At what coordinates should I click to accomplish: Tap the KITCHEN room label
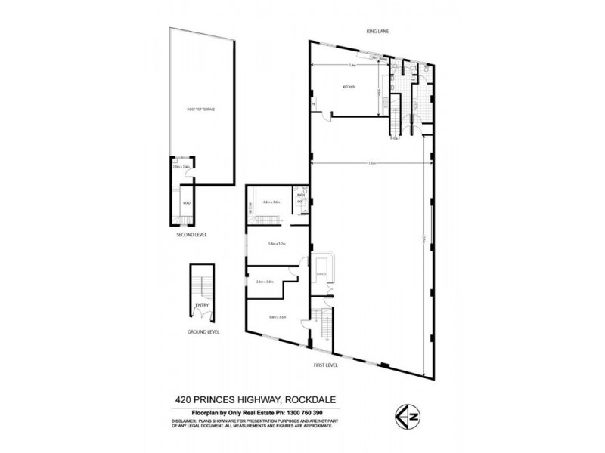[x=349, y=88]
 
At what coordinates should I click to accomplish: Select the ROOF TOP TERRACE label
[x=201, y=109]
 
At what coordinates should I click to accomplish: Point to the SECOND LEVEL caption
[x=191, y=235]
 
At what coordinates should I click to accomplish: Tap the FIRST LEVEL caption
[x=325, y=365]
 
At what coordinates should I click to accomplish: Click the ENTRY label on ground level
[x=201, y=305]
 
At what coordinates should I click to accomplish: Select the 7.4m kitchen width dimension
[x=352, y=66]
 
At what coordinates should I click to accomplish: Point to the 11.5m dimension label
[x=371, y=162]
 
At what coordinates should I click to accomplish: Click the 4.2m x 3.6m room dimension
[x=271, y=202]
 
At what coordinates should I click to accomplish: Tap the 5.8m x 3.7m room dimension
[x=277, y=244]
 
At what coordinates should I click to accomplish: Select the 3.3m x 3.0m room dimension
[x=265, y=282]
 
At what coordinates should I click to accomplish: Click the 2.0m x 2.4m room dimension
[x=180, y=167]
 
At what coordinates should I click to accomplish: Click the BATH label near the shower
[x=300, y=195]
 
